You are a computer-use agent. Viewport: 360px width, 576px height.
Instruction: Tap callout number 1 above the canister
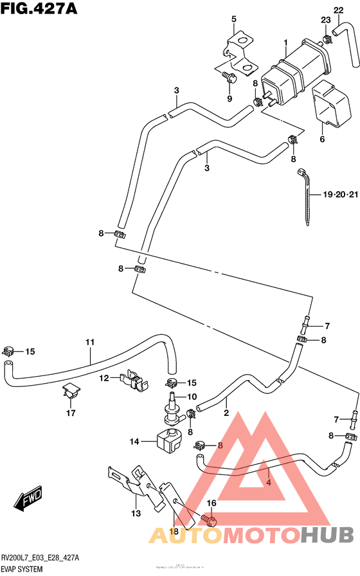click(285, 44)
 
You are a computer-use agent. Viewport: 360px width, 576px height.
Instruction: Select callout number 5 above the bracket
click(234, 19)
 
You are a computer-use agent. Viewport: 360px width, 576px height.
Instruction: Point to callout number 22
click(339, 10)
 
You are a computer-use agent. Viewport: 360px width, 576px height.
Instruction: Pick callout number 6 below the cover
click(322, 138)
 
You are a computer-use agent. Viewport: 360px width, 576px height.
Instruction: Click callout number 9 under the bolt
click(230, 98)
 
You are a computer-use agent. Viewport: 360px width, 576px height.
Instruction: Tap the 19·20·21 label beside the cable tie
click(339, 195)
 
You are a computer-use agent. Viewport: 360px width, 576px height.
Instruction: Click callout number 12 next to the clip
click(105, 379)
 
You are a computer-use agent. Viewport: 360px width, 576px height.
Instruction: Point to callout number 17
click(70, 413)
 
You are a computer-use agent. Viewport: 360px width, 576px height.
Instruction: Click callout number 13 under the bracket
click(136, 513)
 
